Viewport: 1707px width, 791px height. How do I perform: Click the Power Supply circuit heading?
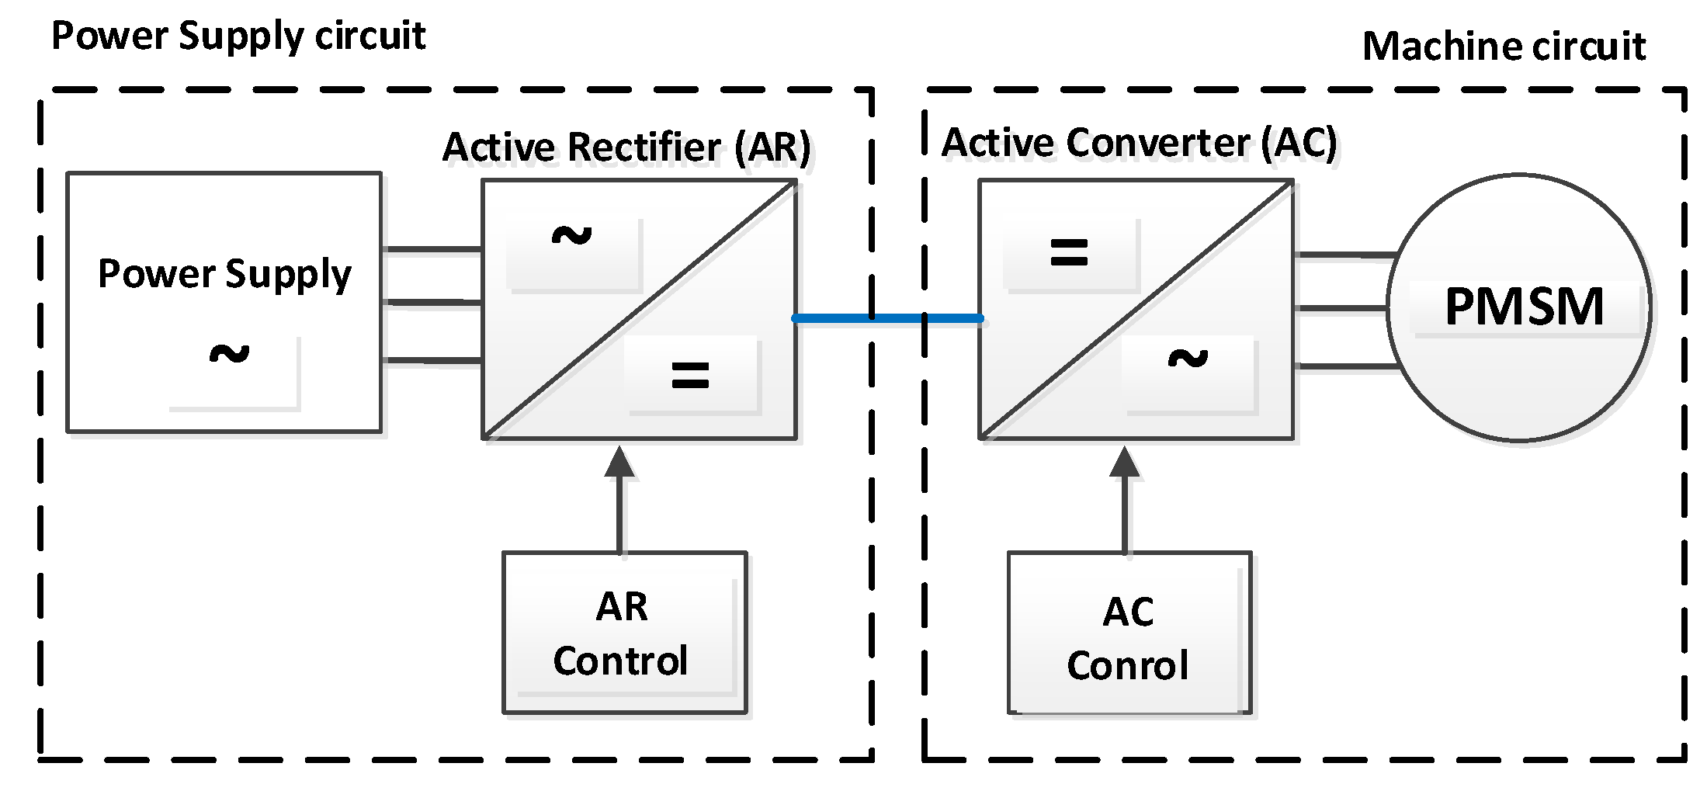238,36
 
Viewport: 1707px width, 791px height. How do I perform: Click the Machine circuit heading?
1504,47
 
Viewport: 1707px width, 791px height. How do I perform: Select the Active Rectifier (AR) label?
626,147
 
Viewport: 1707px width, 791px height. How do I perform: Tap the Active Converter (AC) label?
1139,143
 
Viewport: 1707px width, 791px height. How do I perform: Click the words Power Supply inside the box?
224,274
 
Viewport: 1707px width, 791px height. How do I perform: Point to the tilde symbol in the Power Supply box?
229,354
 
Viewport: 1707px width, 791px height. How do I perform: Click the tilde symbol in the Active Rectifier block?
571,235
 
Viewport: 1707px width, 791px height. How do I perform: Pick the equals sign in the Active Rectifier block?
690,376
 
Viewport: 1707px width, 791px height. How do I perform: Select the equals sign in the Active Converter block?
1069,252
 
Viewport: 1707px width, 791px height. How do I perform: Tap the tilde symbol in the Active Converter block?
1188,359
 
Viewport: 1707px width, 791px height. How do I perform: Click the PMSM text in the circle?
1524,307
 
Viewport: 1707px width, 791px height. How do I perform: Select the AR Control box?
624,632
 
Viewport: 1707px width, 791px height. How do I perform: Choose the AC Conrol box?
1129,633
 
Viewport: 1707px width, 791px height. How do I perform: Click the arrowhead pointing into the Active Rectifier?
619,462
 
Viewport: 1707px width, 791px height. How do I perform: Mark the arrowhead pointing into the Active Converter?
1125,463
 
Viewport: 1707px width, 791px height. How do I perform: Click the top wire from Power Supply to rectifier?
432,249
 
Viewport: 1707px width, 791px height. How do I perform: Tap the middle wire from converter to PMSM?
1341,309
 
